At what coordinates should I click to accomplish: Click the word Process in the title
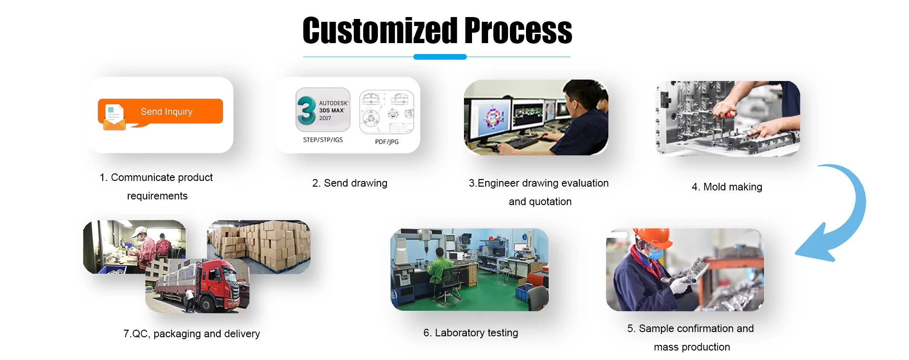tap(518, 31)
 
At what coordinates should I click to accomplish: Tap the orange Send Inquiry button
tap(160, 112)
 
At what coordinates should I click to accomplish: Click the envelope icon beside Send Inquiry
tap(114, 117)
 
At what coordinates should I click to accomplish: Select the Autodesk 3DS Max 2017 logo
tap(323, 110)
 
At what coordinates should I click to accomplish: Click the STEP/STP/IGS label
tap(323, 140)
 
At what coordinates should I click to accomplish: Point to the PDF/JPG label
tap(387, 142)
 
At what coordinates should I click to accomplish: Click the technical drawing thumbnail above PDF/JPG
tap(387, 112)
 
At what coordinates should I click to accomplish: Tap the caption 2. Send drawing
tap(350, 183)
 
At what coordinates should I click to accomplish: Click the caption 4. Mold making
tap(727, 187)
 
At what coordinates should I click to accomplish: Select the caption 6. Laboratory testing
tap(471, 333)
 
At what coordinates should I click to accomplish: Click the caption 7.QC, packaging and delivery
tap(192, 334)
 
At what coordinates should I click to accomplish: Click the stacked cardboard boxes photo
tap(259, 247)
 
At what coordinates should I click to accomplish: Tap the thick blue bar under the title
tap(440, 57)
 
